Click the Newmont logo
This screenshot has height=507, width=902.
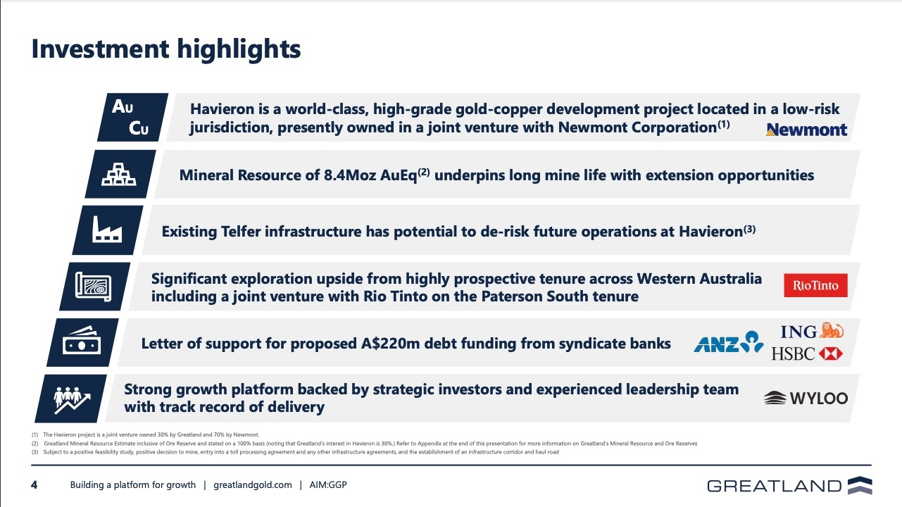coord(806,130)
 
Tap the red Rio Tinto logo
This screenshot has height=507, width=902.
coord(815,285)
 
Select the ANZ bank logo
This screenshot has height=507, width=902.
coord(729,342)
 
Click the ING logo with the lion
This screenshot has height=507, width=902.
coord(812,331)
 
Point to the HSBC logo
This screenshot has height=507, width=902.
coord(807,353)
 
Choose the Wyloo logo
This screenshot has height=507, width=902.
coord(806,398)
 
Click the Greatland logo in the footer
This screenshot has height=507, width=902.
coord(789,485)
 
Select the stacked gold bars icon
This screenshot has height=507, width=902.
coord(119,174)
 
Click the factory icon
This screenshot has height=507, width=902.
coord(107,230)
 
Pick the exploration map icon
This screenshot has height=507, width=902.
coord(94,287)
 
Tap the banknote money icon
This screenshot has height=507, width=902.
coord(82,341)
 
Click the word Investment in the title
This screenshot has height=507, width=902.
coord(100,49)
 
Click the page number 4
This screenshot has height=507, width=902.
coord(35,485)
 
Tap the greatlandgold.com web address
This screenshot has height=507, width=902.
coord(253,485)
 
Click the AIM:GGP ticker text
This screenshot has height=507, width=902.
coord(328,485)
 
